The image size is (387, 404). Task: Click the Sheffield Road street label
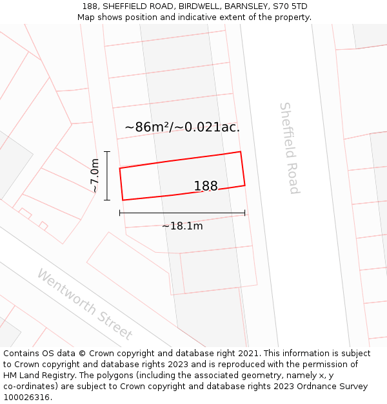290,148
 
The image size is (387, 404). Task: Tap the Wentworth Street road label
84,304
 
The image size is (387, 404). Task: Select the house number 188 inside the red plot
206,186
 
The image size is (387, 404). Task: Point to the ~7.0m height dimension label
94,176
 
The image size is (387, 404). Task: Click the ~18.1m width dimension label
182,226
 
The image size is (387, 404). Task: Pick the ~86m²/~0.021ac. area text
182,127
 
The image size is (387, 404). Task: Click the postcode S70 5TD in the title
290,6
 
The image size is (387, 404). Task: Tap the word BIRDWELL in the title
199,6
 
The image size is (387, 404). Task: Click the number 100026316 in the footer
26,397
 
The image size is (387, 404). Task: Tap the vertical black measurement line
107,176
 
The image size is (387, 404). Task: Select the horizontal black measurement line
182,212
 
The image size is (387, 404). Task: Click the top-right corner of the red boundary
241,152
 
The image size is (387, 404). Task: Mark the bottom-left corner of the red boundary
123,200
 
